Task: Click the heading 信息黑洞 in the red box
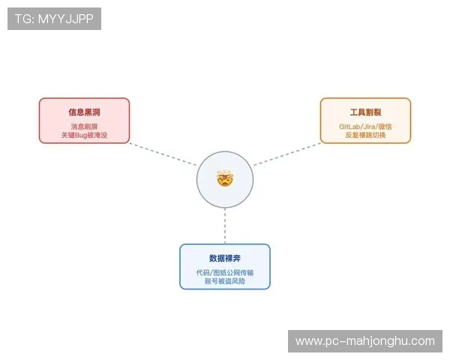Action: pyautogui.click(x=84, y=112)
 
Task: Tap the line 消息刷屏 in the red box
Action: pyautogui.click(x=84, y=126)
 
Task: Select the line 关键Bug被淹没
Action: pyautogui.click(x=84, y=135)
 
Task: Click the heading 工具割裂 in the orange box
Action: pyautogui.click(x=365, y=112)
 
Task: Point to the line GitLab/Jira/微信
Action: pyautogui.click(x=365, y=126)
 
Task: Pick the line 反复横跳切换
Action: pyautogui.click(x=365, y=135)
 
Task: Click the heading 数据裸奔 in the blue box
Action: pyautogui.click(x=224, y=258)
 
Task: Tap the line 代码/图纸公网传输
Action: pyautogui.click(x=224, y=272)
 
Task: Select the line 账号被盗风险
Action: pyautogui.click(x=224, y=281)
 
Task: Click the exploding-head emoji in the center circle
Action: pyautogui.click(x=224, y=179)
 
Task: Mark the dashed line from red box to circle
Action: pyautogui.click(x=163, y=154)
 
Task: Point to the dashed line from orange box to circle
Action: pyautogui.click(x=286, y=154)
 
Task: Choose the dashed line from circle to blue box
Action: pyautogui.click(x=224, y=225)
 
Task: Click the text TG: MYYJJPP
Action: pyautogui.click(x=54, y=19)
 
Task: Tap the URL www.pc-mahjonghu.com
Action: pyautogui.click(x=365, y=341)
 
